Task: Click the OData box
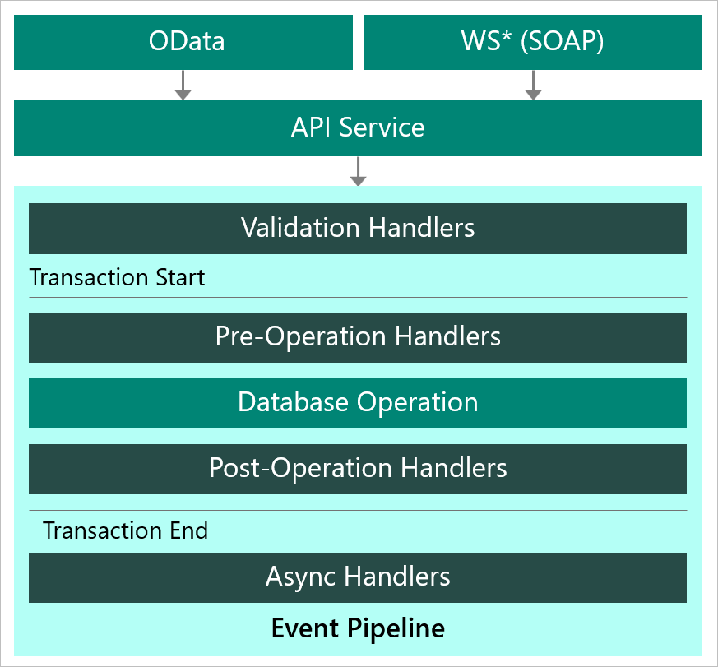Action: [x=183, y=42]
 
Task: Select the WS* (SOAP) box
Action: [x=532, y=42]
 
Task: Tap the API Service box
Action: [x=358, y=127]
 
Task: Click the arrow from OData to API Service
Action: [x=183, y=86]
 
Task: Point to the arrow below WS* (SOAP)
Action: [x=533, y=86]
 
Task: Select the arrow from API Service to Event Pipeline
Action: [x=358, y=171]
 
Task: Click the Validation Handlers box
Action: [x=358, y=228]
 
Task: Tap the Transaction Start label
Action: [x=117, y=277]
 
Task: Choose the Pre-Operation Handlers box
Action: [x=358, y=337]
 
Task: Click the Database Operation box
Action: [x=358, y=403]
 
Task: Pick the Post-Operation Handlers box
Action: [x=358, y=469]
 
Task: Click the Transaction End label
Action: [x=125, y=530]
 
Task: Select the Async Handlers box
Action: [x=358, y=577]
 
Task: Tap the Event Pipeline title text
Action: [x=358, y=628]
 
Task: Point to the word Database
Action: [x=294, y=403]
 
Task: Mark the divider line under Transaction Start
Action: [x=358, y=297]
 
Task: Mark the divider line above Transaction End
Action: [x=358, y=510]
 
